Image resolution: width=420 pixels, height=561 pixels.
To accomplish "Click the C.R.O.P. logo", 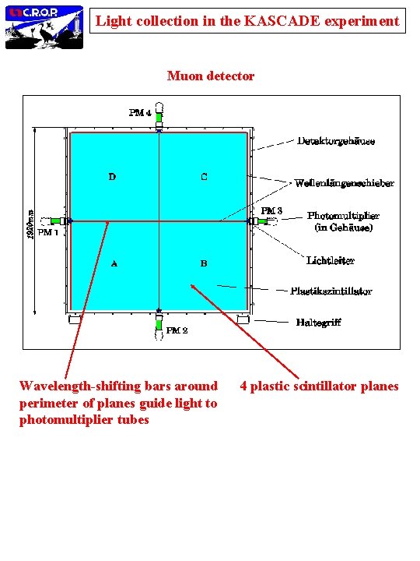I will coord(44,26).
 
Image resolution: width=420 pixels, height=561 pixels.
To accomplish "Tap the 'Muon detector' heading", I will coord(211,76).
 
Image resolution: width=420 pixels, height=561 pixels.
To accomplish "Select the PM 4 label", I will coord(139,112).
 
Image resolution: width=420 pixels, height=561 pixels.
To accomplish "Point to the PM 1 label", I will coord(48,232).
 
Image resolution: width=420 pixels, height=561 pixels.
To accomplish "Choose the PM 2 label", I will coord(177,330).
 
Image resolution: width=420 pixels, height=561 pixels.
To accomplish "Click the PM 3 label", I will coord(271,210).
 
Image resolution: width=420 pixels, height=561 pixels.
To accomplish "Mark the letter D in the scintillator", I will coord(112,177).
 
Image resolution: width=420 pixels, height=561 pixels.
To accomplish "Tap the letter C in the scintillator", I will coord(204,177).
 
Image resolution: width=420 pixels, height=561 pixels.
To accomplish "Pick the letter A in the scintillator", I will coord(114,263).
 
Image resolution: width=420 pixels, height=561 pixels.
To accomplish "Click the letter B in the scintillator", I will coord(204,263).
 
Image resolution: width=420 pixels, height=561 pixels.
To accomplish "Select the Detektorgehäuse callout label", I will coord(336,141).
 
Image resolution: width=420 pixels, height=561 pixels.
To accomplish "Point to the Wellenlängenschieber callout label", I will coord(344,183).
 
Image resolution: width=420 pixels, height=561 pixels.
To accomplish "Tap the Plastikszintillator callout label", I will coord(331,291).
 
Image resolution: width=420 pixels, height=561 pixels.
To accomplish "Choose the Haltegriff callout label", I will coord(318,322).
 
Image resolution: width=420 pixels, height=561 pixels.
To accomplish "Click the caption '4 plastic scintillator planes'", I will coord(319,386).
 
